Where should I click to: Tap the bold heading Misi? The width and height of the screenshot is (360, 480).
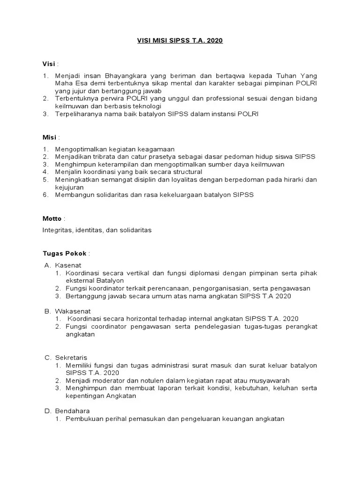(x=49, y=137)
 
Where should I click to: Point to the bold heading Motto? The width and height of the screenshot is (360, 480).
(x=52, y=218)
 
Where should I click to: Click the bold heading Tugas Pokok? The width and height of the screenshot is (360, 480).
(x=64, y=254)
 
